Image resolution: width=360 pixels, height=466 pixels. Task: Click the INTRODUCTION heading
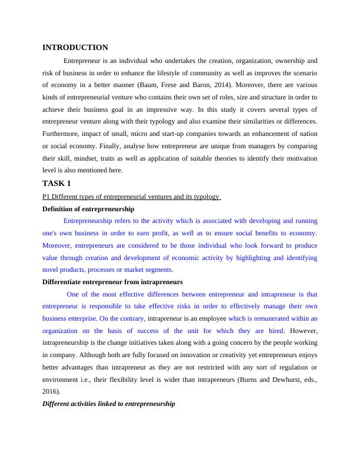pyautogui.click(x=75, y=48)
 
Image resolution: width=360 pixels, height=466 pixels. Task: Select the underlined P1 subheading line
pyautogui.click(x=131, y=197)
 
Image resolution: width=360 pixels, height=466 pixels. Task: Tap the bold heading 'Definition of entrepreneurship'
pyautogui.click(x=88, y=209)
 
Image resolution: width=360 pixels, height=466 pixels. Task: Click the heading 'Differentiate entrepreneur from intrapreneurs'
pyautogui.click(x=112, y=282)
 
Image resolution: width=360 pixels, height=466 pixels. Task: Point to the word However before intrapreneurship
pyautogui.click(x=305, y=331)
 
